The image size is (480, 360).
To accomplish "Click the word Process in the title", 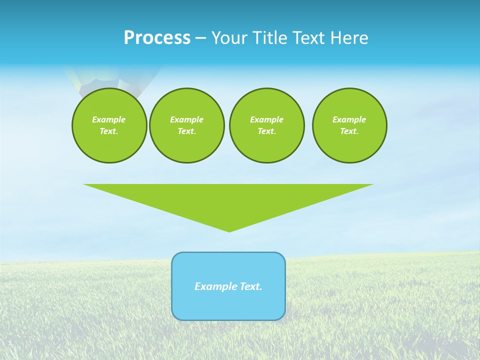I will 157,38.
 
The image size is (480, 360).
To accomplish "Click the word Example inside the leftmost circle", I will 109,119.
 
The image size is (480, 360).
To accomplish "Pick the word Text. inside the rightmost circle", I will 349,131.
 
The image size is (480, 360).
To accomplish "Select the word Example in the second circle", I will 186,119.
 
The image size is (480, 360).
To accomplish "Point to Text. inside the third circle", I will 266,131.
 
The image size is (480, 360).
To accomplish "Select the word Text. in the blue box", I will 251,286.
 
